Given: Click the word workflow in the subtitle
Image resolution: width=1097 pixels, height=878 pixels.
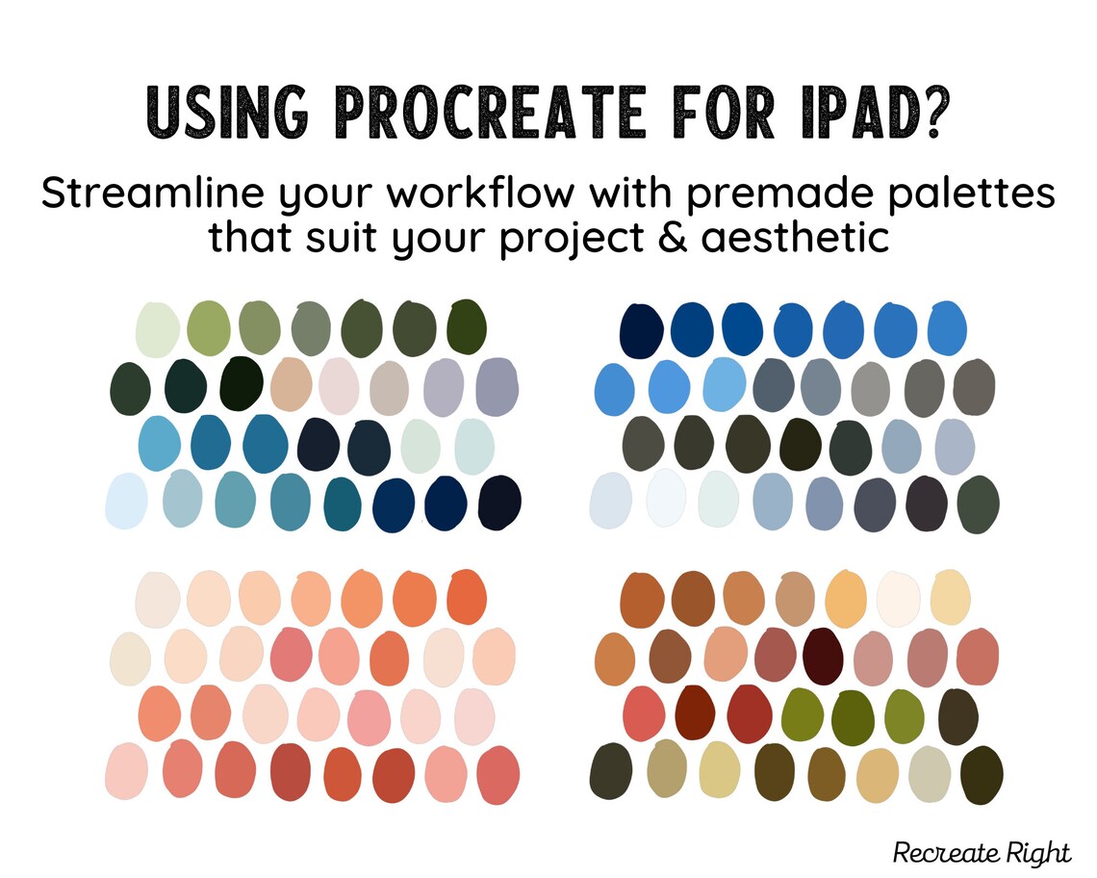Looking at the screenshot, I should [x=483, y=194].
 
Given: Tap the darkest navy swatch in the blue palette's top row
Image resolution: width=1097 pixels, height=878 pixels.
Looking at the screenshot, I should [x=642, y=326].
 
